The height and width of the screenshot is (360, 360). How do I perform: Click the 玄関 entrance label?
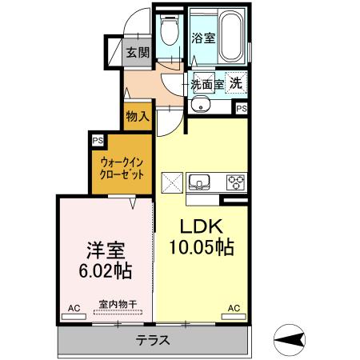coord(138,54)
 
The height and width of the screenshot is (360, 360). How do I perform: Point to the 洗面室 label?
coord(206,82)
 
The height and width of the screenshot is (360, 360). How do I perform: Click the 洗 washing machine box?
coord(237,82)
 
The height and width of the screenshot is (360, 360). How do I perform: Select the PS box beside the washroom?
coord(241,107)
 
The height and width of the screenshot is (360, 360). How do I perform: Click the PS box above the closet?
coord(98,140)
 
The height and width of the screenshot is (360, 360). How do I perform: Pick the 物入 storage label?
coord(138,117)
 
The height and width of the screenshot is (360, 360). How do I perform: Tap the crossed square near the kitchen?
coord(173,181)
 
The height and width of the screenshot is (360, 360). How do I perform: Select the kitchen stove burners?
coord(237,182)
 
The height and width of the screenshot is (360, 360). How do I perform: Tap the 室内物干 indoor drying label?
coord(117,304)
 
